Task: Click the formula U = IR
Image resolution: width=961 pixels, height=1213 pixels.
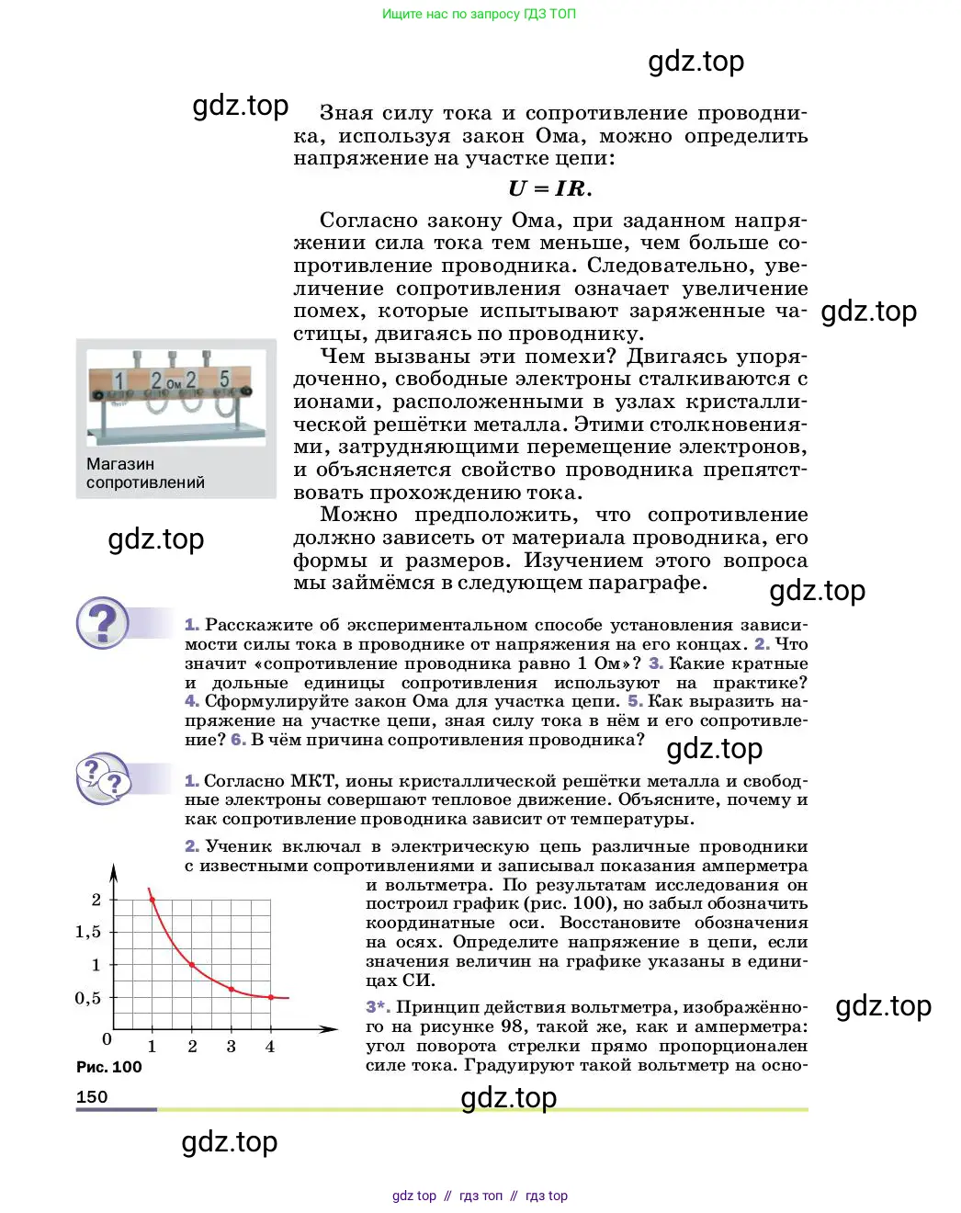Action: pyautogui.click(x=549, y=188)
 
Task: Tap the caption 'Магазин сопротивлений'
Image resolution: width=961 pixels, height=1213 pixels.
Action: pyautogui.click(x=145, y=473)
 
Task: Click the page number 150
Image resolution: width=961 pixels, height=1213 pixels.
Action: pyautogui.click(x=92, y=1096)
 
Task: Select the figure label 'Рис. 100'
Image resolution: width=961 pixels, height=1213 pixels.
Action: pyautogui.click(x=108, y=1067)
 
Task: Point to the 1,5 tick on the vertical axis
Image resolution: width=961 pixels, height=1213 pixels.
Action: pyautogui.click(x=88, y=932)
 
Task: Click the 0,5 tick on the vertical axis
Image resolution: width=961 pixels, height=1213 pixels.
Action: pyautogui.click(x=88, y=998)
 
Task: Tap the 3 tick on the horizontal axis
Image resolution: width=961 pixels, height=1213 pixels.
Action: pyautogui.click(x=231, y=1047)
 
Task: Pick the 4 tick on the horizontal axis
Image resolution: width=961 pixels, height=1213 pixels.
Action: pyautogui.click(x=270, y=1047)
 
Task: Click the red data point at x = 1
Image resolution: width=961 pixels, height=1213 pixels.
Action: pyautogui.click(x=153, y=900)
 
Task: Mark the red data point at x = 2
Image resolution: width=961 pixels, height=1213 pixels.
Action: pyautogui.click(x=192, y=965)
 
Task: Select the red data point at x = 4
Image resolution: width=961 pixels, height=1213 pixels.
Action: pyautogui.click(x=270, y=997)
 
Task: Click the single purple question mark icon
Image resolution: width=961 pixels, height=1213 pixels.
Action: pyautogui.click(x=103, y=624)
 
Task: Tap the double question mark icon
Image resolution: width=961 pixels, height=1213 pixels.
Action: pyautogui.click(x=103, y=778)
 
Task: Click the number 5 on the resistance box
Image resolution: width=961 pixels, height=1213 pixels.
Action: pyautogui.click(x=224, y=380)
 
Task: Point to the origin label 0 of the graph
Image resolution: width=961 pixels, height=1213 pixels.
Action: pyautogui.click(x=107, y=1039)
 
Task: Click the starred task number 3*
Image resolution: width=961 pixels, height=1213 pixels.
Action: pyautogui.click(x=378, y=1007)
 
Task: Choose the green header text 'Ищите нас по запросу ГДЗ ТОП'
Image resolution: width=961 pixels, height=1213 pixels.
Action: pyautogui.click(x=479, y=14)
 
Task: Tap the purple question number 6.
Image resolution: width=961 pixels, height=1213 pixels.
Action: pyautogui.click(x=238, y=740)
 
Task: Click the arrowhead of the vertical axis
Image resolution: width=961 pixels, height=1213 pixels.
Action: pyautogui.click(x=113, y=871)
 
